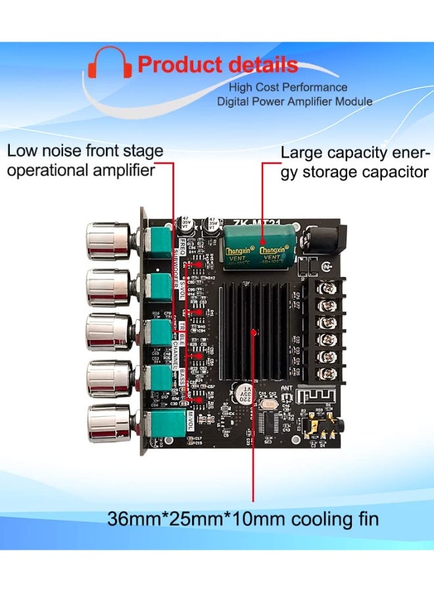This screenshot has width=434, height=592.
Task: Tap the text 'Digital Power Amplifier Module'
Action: [x=295, y=101]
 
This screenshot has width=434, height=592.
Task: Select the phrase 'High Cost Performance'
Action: [x=288, y=87]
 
